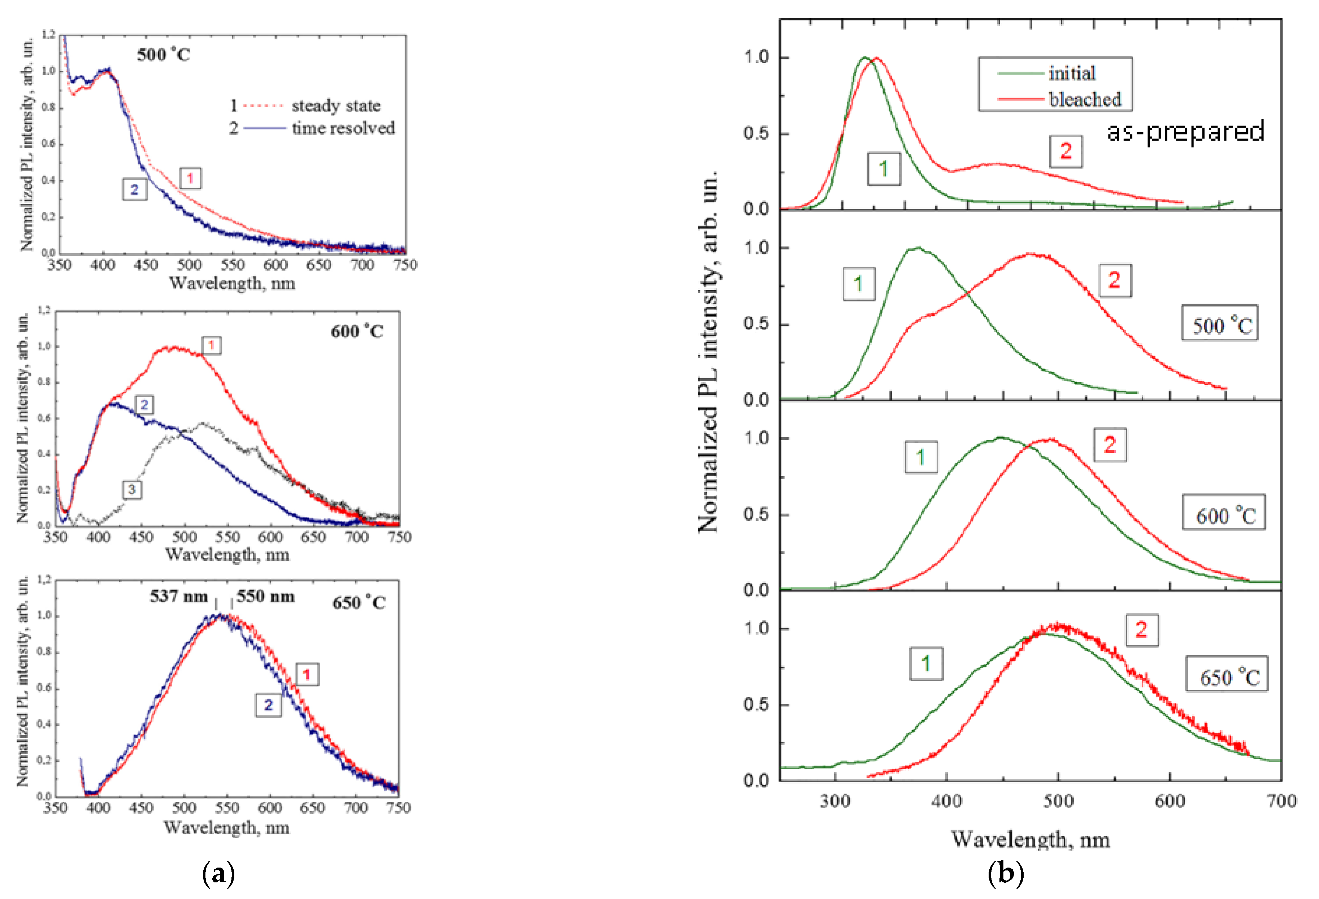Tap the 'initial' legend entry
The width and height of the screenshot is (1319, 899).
pyautogui.click(x=1072, y=73)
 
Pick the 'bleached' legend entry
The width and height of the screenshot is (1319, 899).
pyautogui.click(x=1085, y=99)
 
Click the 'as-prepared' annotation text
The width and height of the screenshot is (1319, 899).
pyautogui.click(x=1185, y=131)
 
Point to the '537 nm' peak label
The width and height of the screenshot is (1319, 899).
pyautogui.click(x=178, y=596)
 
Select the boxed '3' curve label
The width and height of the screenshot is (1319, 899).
pyautogui.click(x=132, y=490)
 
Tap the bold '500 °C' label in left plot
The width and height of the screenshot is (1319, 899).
pyautogui.click(x=164, y=55)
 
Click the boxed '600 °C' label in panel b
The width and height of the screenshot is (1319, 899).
pyautogui.click(x=1224, y=516)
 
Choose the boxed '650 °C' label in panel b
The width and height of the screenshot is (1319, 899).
pyautogui.click(x=1227, y=676)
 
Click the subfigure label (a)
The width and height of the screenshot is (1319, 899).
pyautogui.click(x=218, y=874)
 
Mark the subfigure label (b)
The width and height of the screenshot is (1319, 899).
pyautogui.click(x=1005, y=874)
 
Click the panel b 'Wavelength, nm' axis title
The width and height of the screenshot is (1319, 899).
pyautogui.click(x=1030, y=839)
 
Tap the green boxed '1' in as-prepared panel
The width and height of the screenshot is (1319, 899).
pyautogui.click(x=884, y=169)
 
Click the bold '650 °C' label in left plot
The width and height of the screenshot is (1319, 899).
pyautogui.click(x=359, y=603)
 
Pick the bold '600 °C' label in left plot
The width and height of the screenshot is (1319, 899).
pyautogui.click(x=356, y=331)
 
